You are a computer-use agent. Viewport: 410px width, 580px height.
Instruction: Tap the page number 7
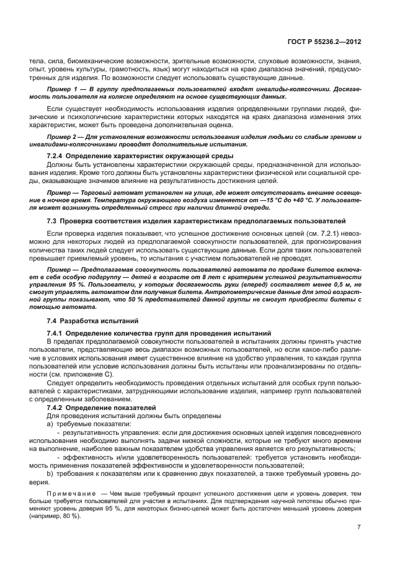tap(359, 527)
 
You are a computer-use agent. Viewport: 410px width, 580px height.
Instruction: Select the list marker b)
tap(50, 473)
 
